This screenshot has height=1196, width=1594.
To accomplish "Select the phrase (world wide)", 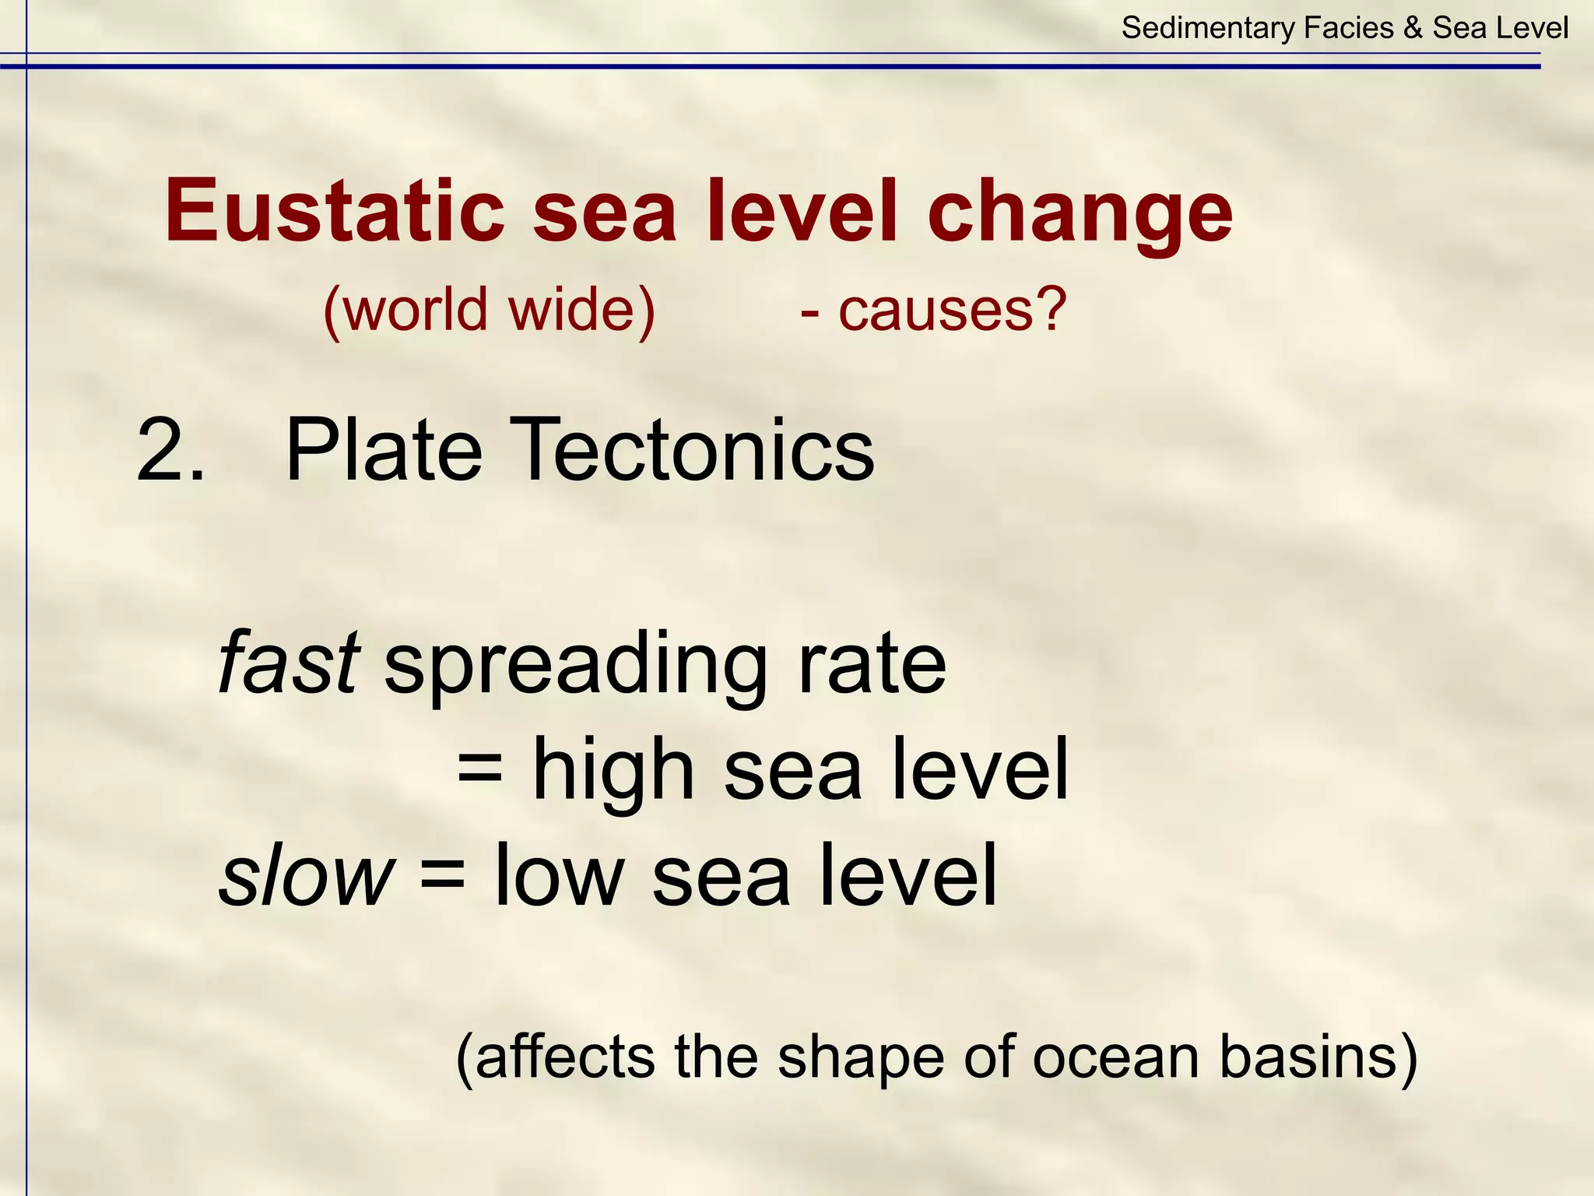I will tap(490, 310).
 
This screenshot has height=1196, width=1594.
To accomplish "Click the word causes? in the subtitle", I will tap(952, 310).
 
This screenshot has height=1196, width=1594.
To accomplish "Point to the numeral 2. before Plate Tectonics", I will tap(170, 451).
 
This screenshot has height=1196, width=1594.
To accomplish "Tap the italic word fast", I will tap(289, 663).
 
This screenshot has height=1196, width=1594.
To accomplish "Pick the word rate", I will tap(871, 664).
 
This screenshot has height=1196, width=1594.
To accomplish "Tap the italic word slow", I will tap(306, 875).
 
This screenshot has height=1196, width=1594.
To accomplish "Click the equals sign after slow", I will tap(442, 875).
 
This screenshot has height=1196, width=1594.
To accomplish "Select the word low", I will tap(559, 875).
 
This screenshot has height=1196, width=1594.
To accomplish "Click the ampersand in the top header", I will tap(1413, 28).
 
